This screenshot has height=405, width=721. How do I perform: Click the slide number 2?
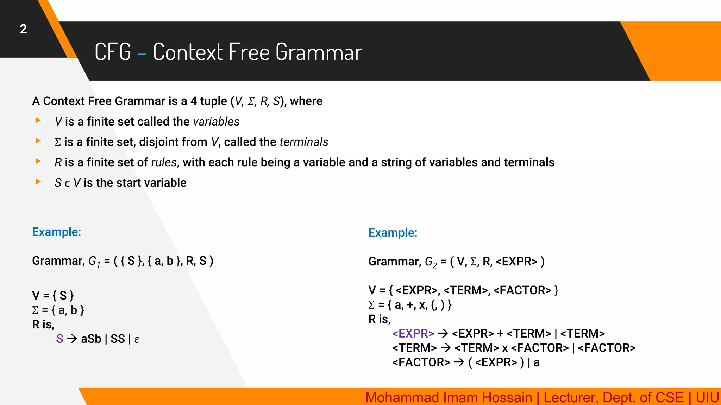pyautogui.click(x=23, y=29)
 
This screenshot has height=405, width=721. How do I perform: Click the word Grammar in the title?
pyautogui.click(x=319, y=52)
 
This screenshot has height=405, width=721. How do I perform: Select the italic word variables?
pyautogui.click(x=216, y=122)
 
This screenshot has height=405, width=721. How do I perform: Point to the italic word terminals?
pyautogui.click(x=304, y=142)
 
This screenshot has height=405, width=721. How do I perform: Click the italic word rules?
pyautogui.click(x=164, y=162)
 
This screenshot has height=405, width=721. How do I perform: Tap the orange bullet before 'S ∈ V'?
pyautogui.click(x=38, y=182)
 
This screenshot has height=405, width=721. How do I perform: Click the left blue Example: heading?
pyautogui.click(x=56, y=232)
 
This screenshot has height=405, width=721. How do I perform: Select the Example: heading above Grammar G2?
pyautogui.click(x=393, y=233)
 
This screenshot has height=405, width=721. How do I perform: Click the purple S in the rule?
pyautogui.click(x=59, y=339)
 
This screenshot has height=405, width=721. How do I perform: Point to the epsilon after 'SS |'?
pyautogui.click(x=137, y=340)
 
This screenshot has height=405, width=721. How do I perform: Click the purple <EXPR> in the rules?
pyautogui.click(x=413, y=333)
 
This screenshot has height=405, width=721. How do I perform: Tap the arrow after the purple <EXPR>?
pyautogui.click(x=443, y=333)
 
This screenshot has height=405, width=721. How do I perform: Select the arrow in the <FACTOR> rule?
pyautogui.click(x=459, y=362)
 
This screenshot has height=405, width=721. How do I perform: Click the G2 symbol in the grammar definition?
pyautogui.click(x=431, y=262)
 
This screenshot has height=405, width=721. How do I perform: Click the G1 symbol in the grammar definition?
pyautogui.click(x=94, y=261)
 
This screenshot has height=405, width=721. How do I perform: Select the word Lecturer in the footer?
pyautogui.click(x=569, y=398)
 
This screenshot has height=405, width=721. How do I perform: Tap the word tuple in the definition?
pyautogui.click(x=213, y=101)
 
